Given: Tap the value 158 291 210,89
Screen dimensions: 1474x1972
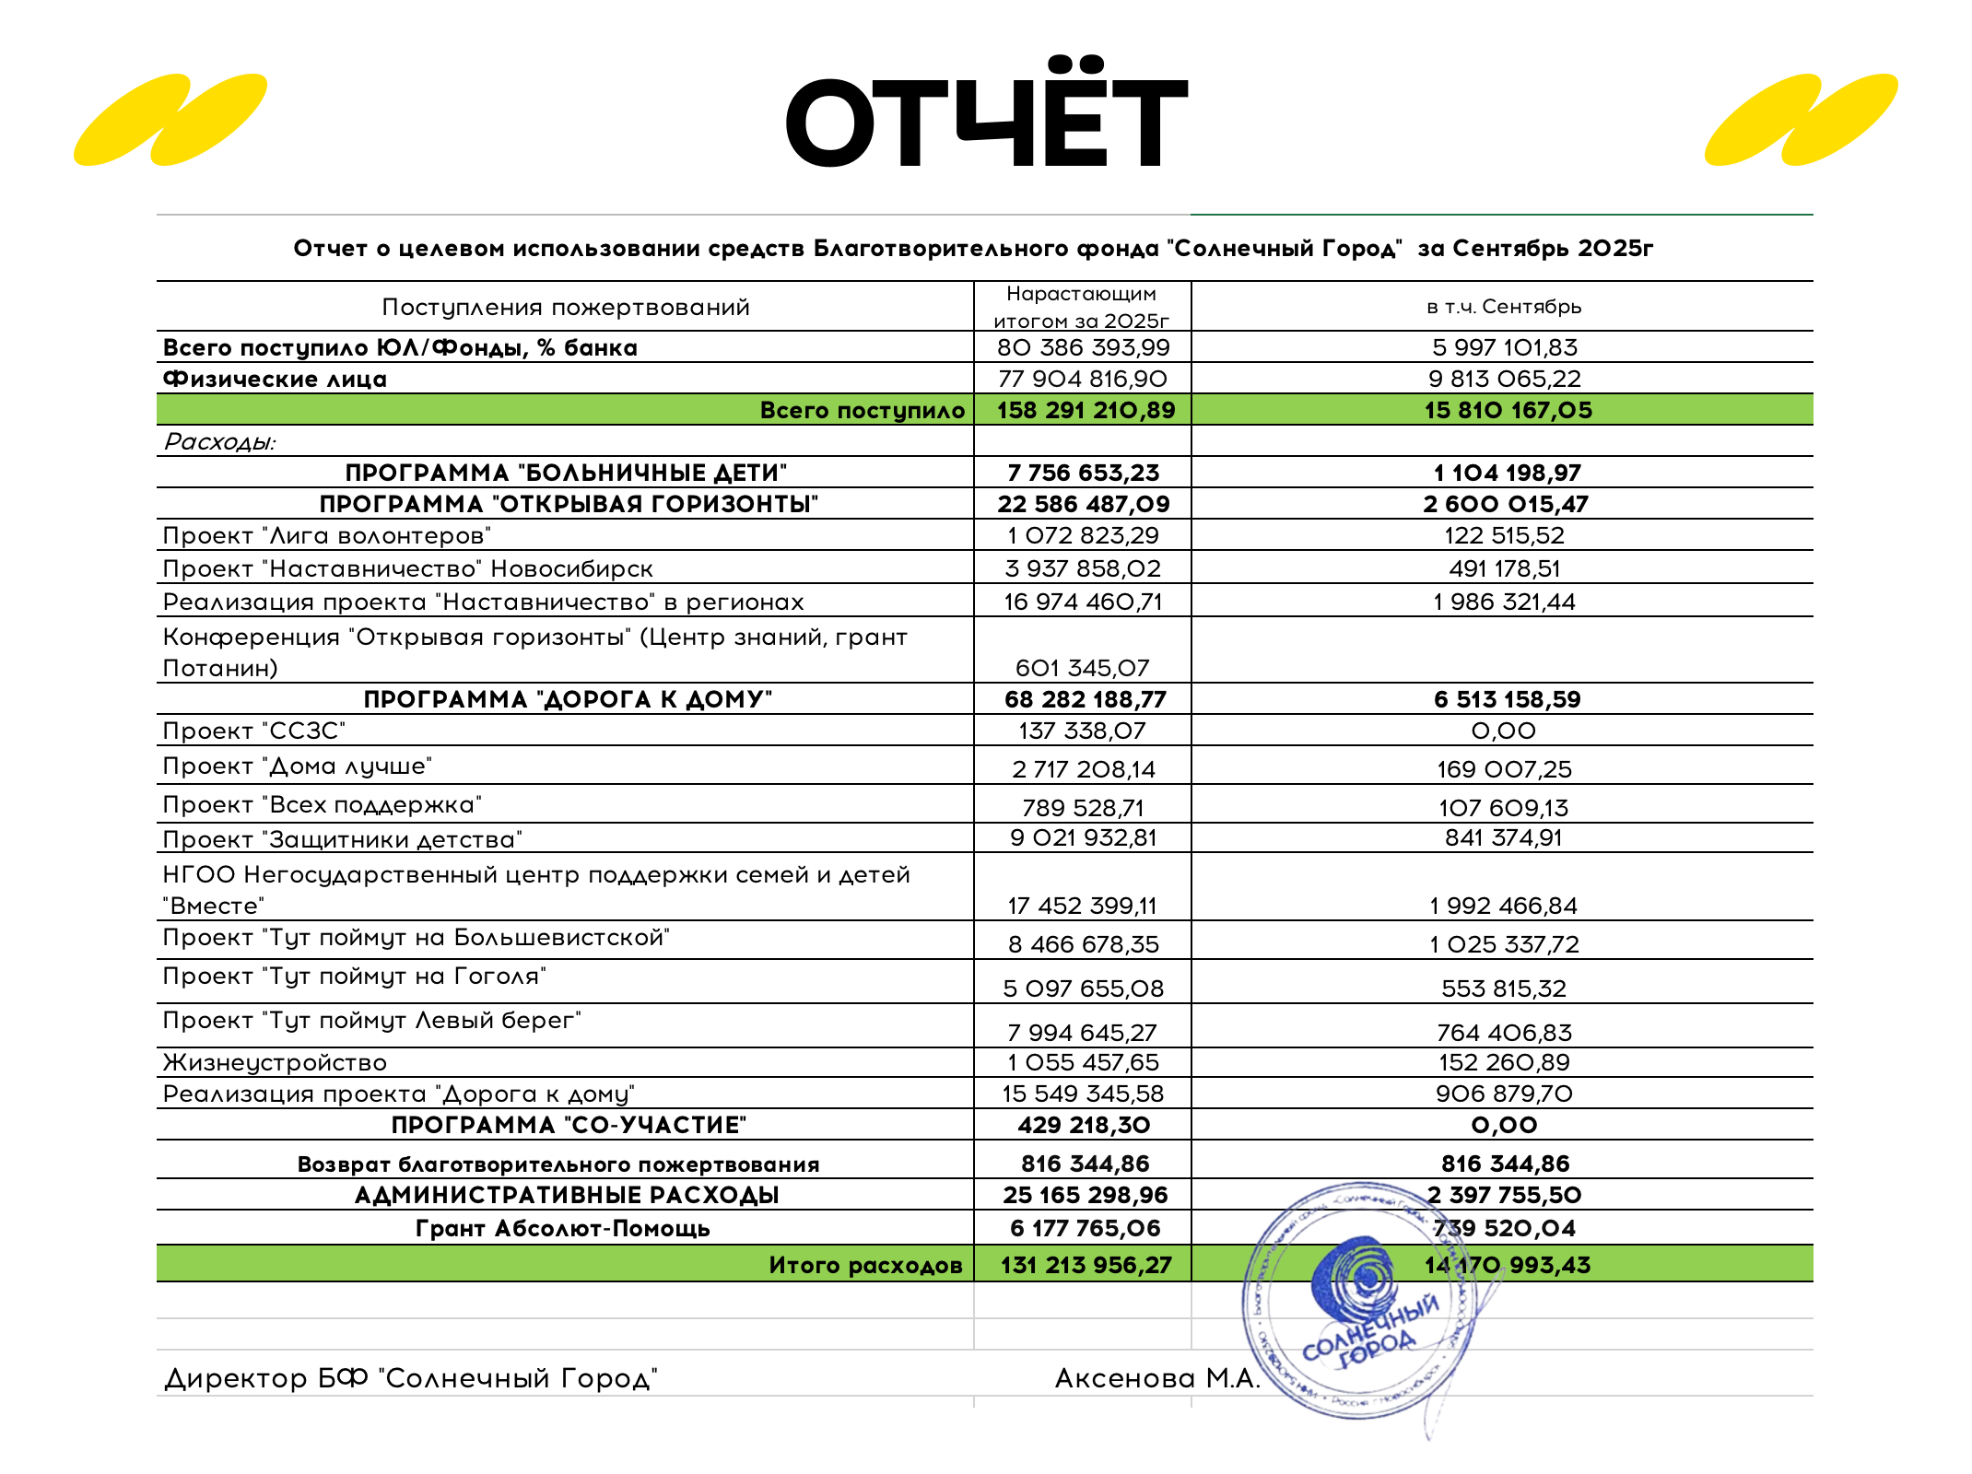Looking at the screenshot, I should click(x=1086, y=410).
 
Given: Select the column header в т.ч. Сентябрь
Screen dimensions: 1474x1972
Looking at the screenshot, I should click(x=1504, y=307).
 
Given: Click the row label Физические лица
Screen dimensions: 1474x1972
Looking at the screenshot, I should click(x=275, y=379).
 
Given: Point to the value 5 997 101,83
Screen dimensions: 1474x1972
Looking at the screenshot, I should click(x=1505, y=347).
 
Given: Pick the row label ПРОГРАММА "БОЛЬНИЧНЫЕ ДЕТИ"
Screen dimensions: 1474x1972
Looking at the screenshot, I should click(x=566, y=473).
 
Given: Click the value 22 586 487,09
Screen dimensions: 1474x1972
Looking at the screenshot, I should click(x=1084, y=504).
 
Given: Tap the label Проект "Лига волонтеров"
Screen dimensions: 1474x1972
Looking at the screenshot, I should click(x=327, y=535).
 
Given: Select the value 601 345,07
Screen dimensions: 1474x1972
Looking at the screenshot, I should click(x=1083, y=668).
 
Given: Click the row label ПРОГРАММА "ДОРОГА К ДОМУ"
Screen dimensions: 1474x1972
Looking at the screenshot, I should click(x=568, y=699).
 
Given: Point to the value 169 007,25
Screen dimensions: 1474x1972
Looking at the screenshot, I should click(x=1505, y=769).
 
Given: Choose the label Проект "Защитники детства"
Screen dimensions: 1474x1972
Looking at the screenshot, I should click(x=343, y=839).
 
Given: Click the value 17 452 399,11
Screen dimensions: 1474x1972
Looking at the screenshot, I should click(x=1083, y=906).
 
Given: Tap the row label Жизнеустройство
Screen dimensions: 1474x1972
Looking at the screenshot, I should click(x=275, y=1062).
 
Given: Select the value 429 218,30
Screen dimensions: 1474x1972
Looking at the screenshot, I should click(x=1084, y=1125).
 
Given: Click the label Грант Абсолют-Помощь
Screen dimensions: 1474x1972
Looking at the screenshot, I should click(x=563, y=1228).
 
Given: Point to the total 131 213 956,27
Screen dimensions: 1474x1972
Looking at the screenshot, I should click(x=1086, y=1265).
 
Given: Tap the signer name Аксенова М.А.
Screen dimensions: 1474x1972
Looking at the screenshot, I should click(x=1157, y=1378).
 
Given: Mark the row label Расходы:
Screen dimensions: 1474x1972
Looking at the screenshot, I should click(x=219, y=441).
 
